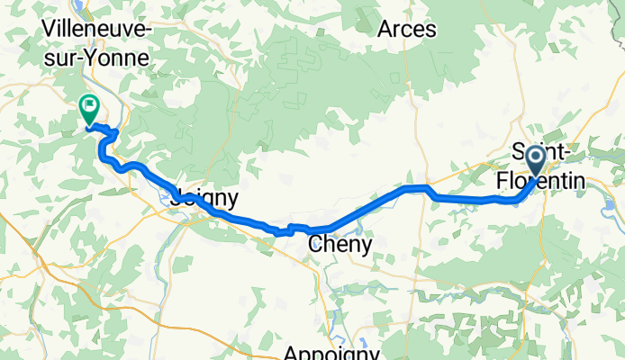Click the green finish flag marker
90,109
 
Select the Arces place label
406,29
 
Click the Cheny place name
340,243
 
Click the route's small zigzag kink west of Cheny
286,230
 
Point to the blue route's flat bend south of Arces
416,188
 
